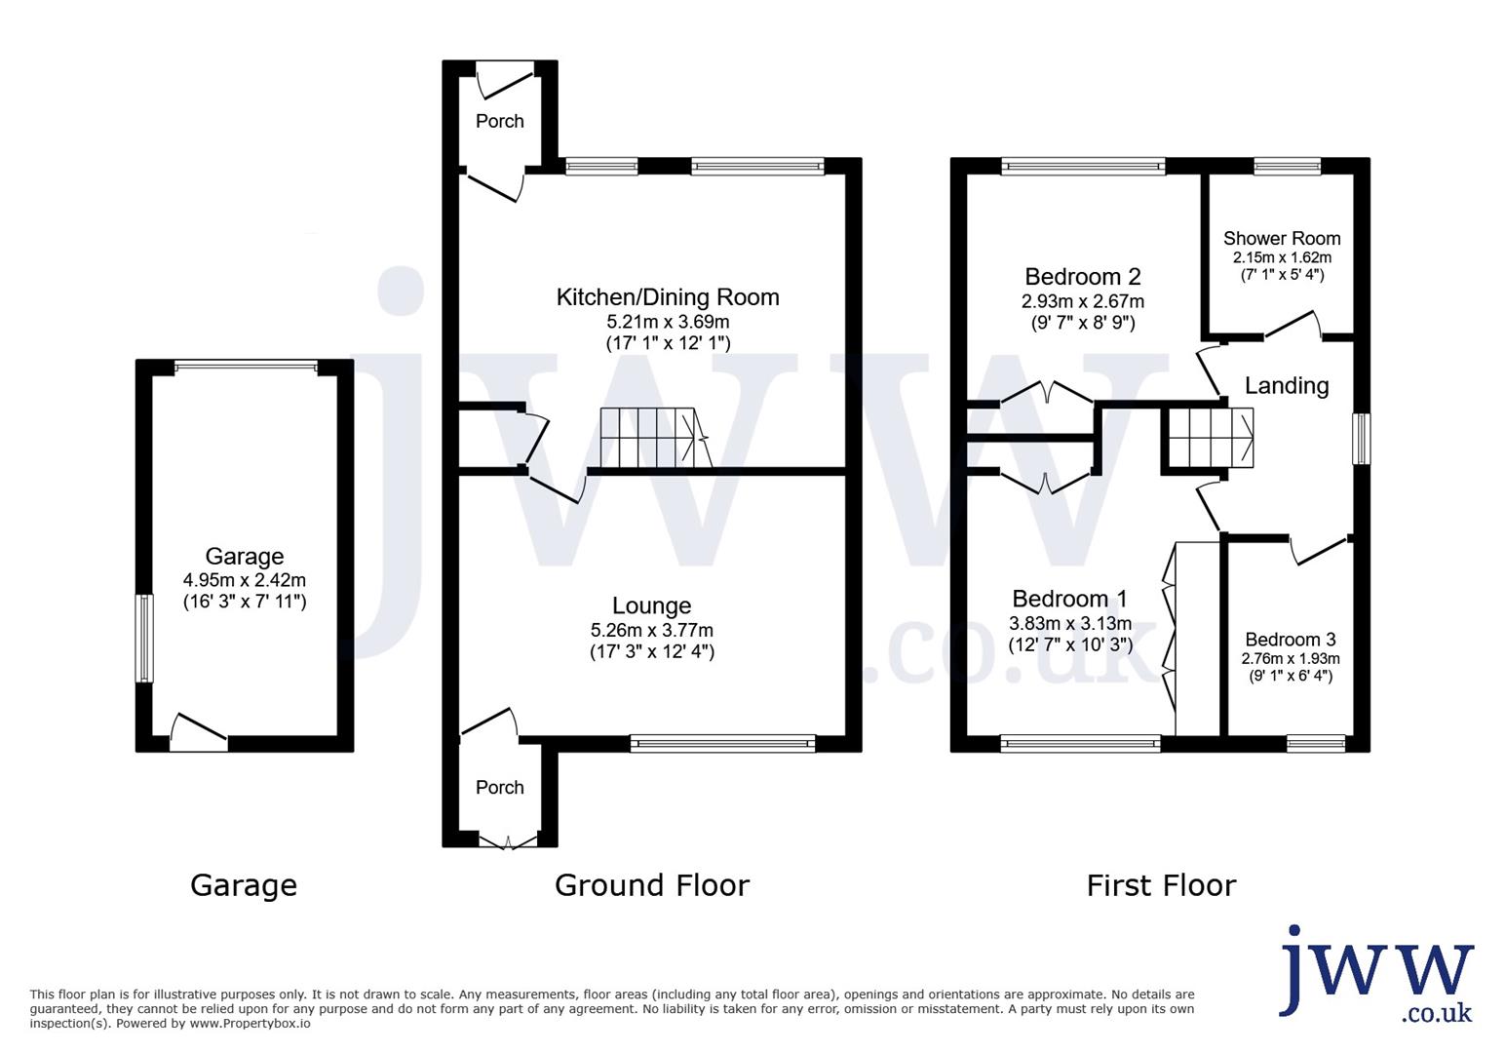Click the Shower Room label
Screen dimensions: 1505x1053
point(1281,239)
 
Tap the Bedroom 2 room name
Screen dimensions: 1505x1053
point(1082,277)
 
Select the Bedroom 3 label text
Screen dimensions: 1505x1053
point(1290,639)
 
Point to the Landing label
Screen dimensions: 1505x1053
point(1287,386)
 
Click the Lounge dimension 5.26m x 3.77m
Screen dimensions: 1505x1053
point(652,630)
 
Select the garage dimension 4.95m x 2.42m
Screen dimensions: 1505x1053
point(245,580)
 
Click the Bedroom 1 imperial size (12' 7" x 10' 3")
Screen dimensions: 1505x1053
point(1070,645)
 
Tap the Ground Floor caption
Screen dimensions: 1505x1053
point(652,885)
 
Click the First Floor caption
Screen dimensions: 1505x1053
point(1161,885)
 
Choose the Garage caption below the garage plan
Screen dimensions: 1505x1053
point(244,885)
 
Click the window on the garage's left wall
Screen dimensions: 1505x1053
point(144,639)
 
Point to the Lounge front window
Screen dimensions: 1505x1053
point(723,743)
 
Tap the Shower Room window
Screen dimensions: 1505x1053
point(1288,166)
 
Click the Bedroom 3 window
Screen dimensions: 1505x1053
point(1316,743)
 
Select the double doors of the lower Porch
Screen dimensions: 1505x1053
point(508,840)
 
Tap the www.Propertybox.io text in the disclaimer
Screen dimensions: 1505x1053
point(250,1024)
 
